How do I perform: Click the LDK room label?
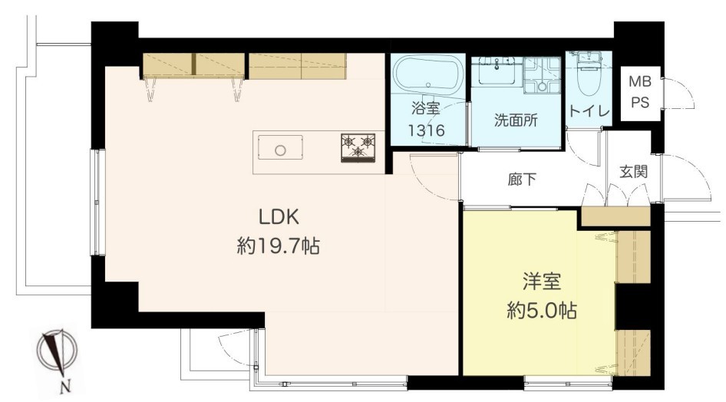point(279,216)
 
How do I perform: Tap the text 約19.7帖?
point(279,245)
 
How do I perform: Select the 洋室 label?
point(542,282)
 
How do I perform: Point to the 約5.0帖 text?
point(542,310)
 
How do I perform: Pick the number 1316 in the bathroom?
point(426,130)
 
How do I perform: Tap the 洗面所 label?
point(516,120)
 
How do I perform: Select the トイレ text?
point(589,111)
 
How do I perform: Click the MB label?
point(640,82)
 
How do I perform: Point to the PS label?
point(640,102)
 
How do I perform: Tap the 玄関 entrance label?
point(633,172)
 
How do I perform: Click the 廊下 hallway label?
point(522,179)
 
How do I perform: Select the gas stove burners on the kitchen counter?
point(358,147)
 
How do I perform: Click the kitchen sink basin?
point(280,147)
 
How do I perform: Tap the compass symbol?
point(58,352)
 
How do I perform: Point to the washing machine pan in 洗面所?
point(542,76)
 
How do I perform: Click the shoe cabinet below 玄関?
point(615,216)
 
